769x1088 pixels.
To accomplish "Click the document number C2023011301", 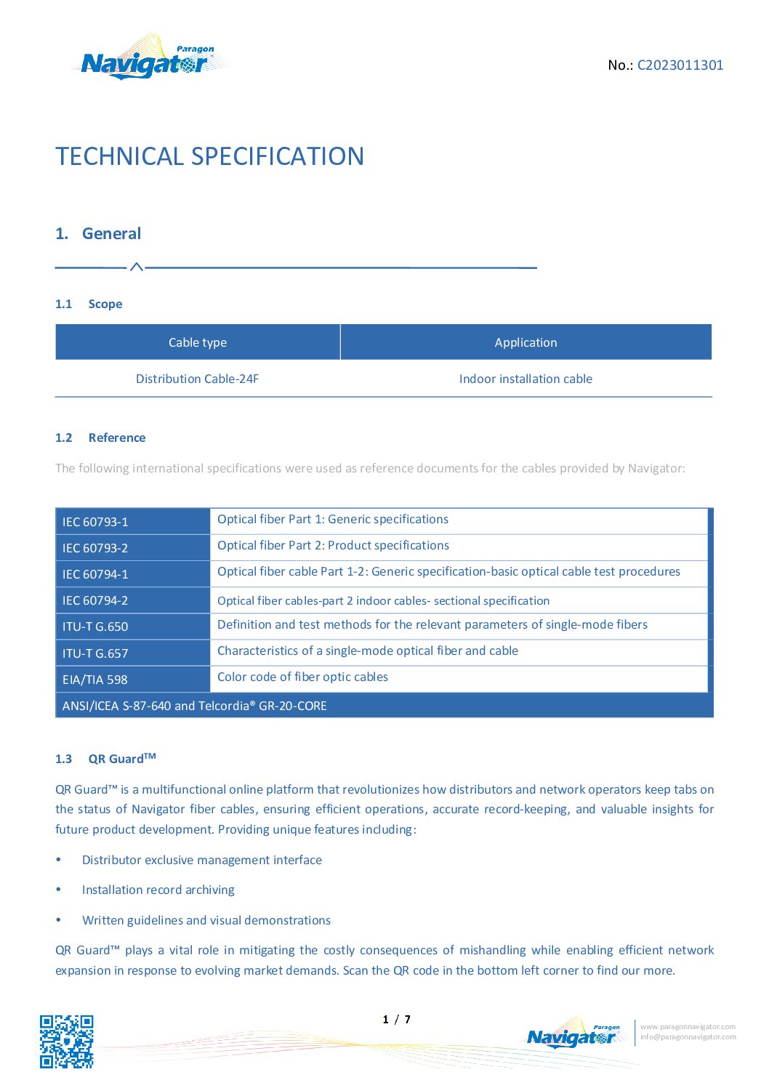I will (x=680, y=65).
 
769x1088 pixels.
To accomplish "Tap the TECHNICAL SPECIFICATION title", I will (x=209, y=156).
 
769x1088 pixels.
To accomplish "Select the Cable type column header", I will (x=198, y=342).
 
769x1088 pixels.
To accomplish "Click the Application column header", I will (x=526, y=342).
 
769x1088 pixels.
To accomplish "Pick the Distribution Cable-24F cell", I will (x=197, y=379).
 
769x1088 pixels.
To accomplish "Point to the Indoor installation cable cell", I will (x=526, y=379).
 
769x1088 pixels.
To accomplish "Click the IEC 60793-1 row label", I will (x=95, y=522).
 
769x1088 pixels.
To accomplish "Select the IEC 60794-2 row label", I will (x=95, y=600).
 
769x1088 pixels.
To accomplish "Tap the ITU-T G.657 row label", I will (x=95, y=653).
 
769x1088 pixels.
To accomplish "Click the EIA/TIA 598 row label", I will (x=95, y=680).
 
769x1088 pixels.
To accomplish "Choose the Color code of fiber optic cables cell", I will (x=302, y=677).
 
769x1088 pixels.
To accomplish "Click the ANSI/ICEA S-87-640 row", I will (x=195, y=706).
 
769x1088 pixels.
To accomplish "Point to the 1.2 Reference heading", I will (x=100, y=438).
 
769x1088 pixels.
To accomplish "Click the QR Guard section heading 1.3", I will (x=106, y=759).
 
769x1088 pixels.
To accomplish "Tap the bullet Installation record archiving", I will (x=158, y=890).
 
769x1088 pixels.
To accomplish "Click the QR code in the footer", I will (x=66, y=1041).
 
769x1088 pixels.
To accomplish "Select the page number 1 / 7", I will (x=397, y=1020).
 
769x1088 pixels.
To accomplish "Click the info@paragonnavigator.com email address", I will (x=688, y=1037).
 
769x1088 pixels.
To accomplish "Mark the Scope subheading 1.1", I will (x=89, y=304).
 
